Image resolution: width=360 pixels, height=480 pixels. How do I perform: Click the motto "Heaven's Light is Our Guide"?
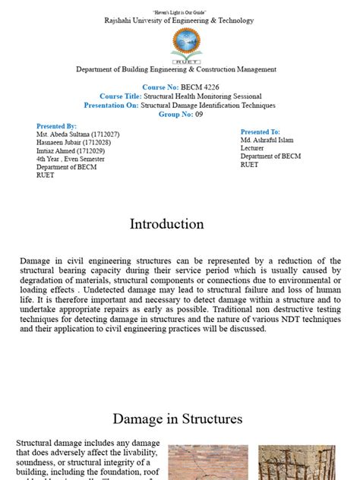[180, 12]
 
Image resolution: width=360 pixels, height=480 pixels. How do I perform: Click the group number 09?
[200, 114]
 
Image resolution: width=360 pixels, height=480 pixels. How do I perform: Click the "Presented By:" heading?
[56, 126]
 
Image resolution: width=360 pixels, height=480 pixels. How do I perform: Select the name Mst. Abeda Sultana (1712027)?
[77, 134]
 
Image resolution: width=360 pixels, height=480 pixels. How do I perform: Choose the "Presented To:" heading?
[261, 132]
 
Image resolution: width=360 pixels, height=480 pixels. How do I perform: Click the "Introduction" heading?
[167, 224]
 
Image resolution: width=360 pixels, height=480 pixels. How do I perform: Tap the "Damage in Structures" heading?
[178, 418]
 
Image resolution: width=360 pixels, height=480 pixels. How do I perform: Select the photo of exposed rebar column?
[286, 463]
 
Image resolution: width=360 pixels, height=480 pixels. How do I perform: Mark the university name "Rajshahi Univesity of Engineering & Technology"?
[180, 21]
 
